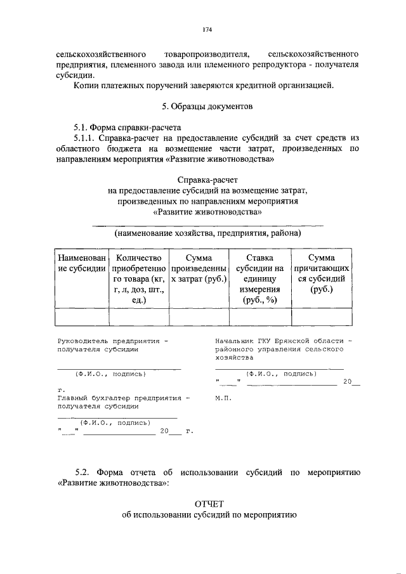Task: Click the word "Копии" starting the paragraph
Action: [x=86, y=85]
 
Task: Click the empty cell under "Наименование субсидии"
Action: [x=81, y=316]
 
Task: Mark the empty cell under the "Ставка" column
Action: [x=258, y=316]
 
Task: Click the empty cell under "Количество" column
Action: [x=138, y=316]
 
